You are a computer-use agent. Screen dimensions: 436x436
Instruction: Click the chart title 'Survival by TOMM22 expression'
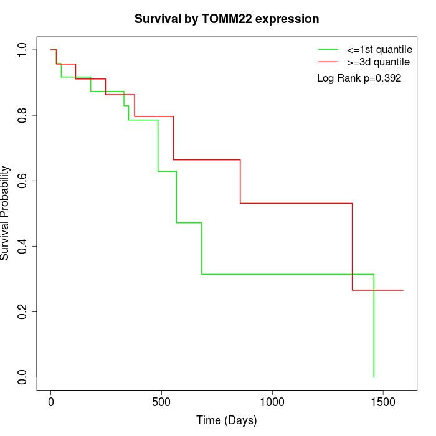[x=227, y=19]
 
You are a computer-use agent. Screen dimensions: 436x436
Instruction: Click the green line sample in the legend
[x=328, y=49]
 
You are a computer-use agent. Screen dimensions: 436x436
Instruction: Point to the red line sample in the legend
[x=328, y=62]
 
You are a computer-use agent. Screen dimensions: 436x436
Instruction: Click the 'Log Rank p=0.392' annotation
[x=359, y=78]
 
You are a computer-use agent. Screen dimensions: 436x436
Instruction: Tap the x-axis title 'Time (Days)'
[x=227, y=420]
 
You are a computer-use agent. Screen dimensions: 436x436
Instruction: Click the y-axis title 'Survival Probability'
[x=6, y=213]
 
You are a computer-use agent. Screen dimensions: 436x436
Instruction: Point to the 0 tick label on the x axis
[x=51, y=402]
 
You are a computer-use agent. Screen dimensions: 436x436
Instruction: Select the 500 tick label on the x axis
[x=161, y=402]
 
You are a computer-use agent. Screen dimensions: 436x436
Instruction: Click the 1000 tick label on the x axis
[x=272, y=402]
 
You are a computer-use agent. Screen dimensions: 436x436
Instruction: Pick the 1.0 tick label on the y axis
[x=23, y=50]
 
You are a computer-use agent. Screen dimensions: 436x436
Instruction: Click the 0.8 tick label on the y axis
[x=23, y=115]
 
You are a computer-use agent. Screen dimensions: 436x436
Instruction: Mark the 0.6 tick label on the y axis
[x=23, y=181]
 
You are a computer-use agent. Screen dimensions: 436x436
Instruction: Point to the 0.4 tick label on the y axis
[x=23, y=246]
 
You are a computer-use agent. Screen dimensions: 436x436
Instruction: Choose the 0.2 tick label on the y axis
[x=23, y=311]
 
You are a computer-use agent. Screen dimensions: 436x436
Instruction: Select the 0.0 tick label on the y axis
[x=23, y=377]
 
